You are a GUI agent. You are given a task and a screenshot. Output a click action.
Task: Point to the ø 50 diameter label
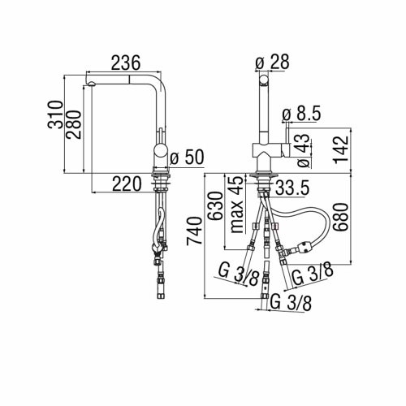(x=193, y=156)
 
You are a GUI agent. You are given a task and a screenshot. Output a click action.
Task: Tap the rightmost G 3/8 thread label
(x=310, y=271)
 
